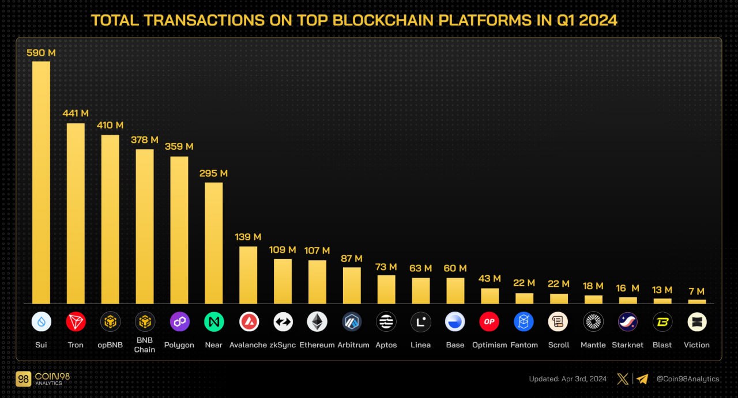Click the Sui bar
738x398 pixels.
pyautogui.click(x=41, y=182)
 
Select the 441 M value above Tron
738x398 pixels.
pyautogui.click(x=76, y=113)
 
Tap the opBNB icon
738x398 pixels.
pyautogui.click(x=110, y=322)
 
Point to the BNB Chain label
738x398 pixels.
pyautogui.click(x=145, y=345)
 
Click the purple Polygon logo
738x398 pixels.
pyautogui.click(x=179, y=322)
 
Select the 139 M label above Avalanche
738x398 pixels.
pyautogui.click(x=248, y=237)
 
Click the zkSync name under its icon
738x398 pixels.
pyautogui.click(x=283, y=345)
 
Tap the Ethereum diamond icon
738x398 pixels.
pyautogui.click(x=317, y=322)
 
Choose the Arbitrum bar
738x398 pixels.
pyautogui.click(x=352, y=285)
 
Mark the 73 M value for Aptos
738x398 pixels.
pyautogui.click(x=386, y=267)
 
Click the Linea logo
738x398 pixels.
pyautogui.click(x=420, y=322)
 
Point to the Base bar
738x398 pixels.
pyautogui.click(x=455, y=290)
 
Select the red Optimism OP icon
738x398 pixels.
pyautogui.click(x=490, y=322)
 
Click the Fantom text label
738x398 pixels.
pyautogui.click(x=524, y=345)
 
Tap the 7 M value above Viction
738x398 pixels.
pyautogui.click(x=696, y=291)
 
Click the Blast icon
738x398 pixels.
pyautogui.click(x=662, y=322)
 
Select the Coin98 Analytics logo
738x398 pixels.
pyautogui.click(x=43, y=379)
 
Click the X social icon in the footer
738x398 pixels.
pyautogui.click(x=623, y=379)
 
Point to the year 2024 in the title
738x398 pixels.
pyautogui.click(x=598, y=20)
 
